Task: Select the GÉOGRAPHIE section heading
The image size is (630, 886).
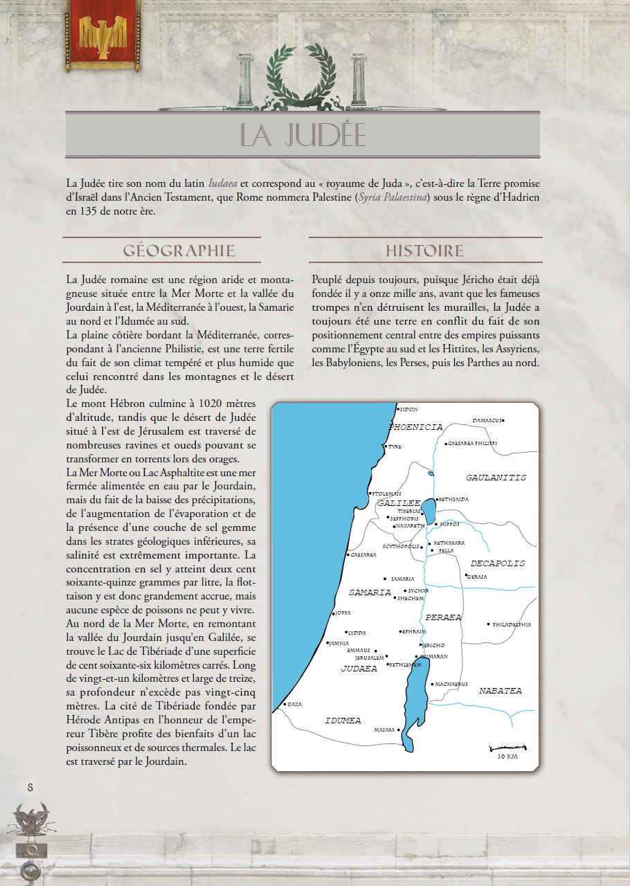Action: (x=179, y=251)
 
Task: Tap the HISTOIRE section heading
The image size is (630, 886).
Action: (x=424, y=251)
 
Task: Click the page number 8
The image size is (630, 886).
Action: (x=30, y=787)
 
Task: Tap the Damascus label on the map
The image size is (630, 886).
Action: (x=487, y=420)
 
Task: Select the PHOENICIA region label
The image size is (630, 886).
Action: (x=415, y=427)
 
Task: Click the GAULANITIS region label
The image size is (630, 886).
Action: (x=496, y=478)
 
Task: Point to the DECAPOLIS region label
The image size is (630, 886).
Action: (x=498, y=563)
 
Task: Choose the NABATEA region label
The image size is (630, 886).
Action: (x=501, y=691)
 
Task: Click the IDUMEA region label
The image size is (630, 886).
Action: (x=343, y=721)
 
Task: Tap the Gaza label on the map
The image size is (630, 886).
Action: (x=294, y=704)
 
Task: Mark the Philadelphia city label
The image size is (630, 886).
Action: (x=512, y=624)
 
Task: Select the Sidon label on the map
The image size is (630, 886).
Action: (x=408, y=410)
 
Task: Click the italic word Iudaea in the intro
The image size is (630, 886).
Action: (x=223, y=183)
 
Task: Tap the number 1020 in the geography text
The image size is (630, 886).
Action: (x=196, y=404)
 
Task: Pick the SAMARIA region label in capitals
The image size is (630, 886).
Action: (x=370, y=593)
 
